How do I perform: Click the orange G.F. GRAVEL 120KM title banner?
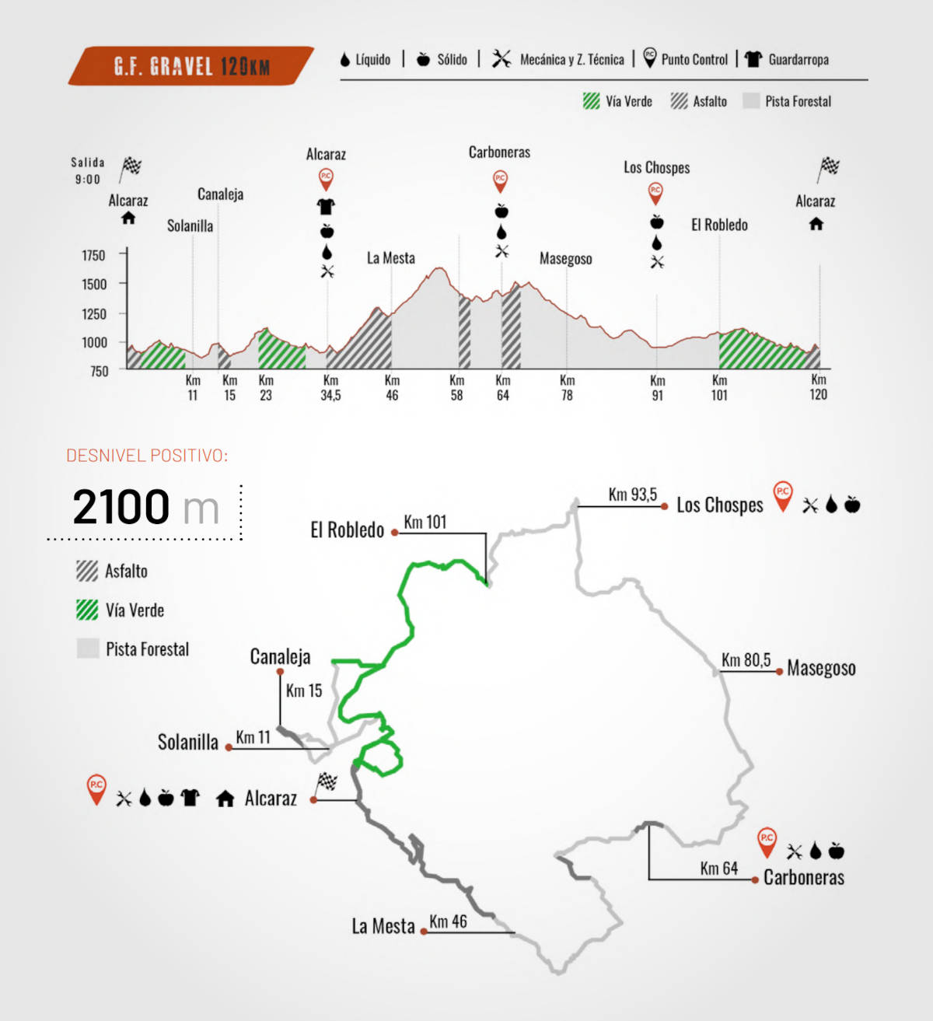click(191, 66)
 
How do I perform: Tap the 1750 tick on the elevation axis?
click(93, 255)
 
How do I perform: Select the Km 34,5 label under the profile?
click(330, 387)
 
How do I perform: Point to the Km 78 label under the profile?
click(567, 387)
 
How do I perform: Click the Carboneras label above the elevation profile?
click(499, 152)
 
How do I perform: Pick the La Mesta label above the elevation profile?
click(390, 258)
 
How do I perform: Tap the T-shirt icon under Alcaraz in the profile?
click(326, 207)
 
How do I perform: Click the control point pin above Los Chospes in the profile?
click(655, 191)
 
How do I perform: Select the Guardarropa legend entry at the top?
click(788, 60)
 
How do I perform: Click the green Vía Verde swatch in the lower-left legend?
click(87, 610)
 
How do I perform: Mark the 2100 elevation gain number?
click(121, 507)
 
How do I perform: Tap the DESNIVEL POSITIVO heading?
click(147, 456)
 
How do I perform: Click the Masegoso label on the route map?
click(821, 668)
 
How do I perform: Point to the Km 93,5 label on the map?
click(632, 495)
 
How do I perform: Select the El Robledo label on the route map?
click(347, 530)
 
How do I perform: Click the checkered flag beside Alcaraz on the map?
click(327, 781)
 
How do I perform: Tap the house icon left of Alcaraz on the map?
click(225, 798)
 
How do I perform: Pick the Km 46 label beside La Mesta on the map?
click(448, 921)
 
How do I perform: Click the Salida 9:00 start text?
click(88, 170)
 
